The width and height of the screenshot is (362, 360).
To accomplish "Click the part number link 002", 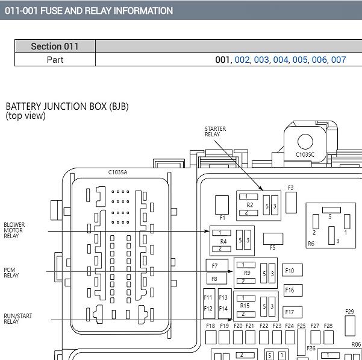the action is pyautogui.click(x=242, y=60).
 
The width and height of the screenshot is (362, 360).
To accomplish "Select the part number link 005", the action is pyautogui.click(x=300, y=60).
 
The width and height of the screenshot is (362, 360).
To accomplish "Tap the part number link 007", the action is pyautogui.click(x=339, y=60).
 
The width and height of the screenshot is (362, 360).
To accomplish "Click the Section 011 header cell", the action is pyautogui.click(x=55, y=46).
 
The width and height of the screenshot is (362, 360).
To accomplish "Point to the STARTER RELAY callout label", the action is pyautogui.click(x=215, y=131).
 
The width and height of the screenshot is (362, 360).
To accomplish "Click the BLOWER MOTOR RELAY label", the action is pyautogui.click(x=14, y=230).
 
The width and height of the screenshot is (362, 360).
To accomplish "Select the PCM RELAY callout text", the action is pyautogui.click(x=11, y=273).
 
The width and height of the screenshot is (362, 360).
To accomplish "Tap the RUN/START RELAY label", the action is pyautogui.click(x=18, y=318).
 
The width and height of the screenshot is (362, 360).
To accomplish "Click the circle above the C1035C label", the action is pyautogui.click(x=305, y=142).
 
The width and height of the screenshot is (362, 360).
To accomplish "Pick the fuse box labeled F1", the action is pyautogui.click(x=222, y=205).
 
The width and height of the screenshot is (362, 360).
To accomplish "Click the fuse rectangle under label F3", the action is pyautogui.click(x=291, y=203).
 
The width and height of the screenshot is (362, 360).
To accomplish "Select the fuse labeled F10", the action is pyautogui.click(x=292, y=270).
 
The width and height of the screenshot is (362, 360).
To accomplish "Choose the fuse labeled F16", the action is pyautogui.click(x=293, y=290).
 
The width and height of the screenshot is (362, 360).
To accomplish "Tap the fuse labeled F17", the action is pyautogui.click(x=292, y=312).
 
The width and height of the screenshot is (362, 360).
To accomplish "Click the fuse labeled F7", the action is pyautogui.click(x=217, y=265).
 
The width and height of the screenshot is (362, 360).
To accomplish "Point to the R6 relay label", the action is pyautogui.click(x=311, y=244).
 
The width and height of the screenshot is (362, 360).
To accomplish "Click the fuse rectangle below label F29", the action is pyautogui.click(x=350, y=326).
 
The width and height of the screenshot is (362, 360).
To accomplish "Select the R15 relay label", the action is pyautogui.click(x=245, y=306).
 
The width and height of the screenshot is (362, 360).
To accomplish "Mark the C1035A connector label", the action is pyautogui.click(x=117, y=172).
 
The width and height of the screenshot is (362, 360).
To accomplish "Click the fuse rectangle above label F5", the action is pyautogui.click(x=273, y=239).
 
